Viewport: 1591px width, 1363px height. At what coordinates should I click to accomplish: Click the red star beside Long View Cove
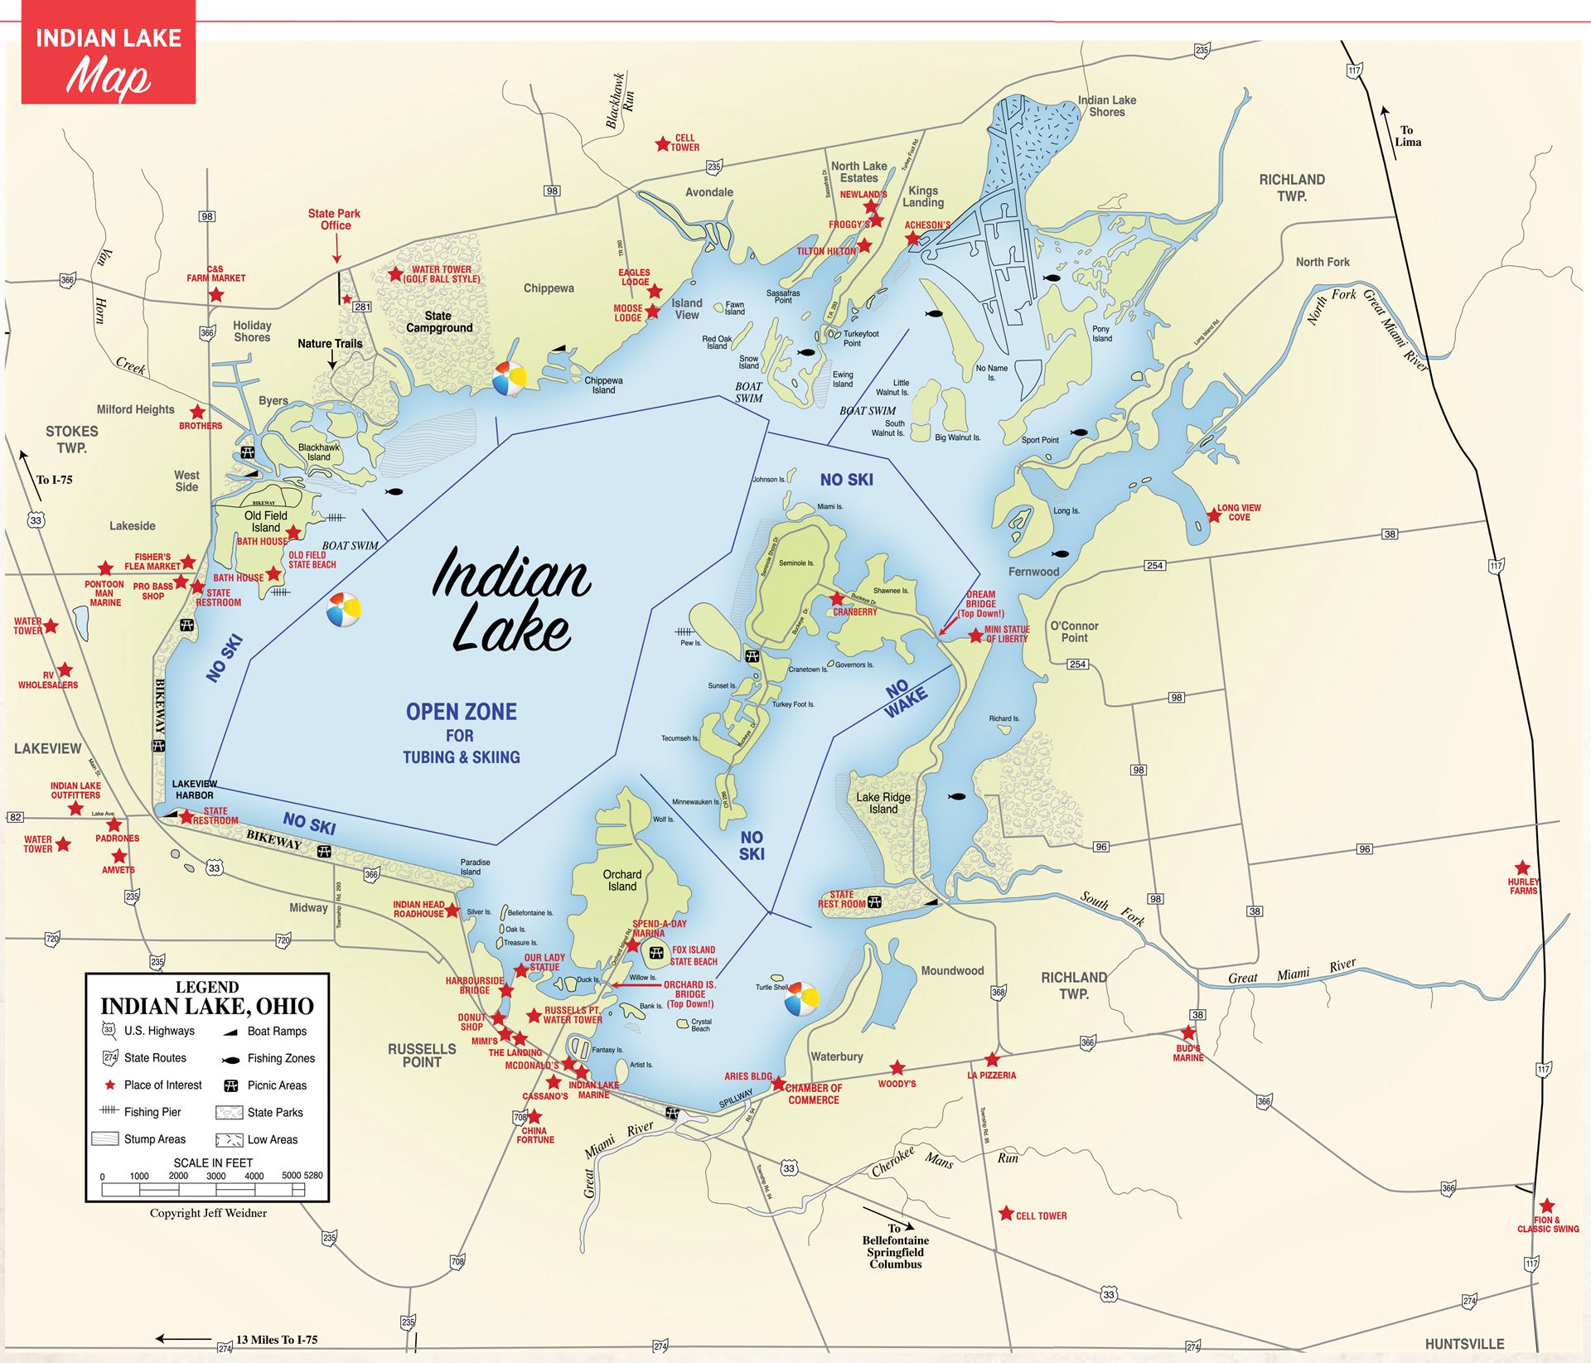pyautogui.click(x=1214, y=515)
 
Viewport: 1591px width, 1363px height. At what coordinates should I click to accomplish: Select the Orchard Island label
pyautogui.click(x=622, y=880)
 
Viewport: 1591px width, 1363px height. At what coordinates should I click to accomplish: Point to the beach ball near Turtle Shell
pyautogui.click(x=801, y=999)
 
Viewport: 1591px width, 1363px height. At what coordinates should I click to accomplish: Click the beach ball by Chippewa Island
pyautogui.click(x=509, y=379)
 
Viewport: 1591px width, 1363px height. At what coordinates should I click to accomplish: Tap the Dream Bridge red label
pyautogui.click(x=981, y=603)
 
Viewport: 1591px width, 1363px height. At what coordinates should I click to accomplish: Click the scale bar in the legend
pyautogui.click(x=203, y=1190)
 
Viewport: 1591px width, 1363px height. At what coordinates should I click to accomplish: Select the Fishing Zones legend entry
pyautogui.click(x=281, y=1058)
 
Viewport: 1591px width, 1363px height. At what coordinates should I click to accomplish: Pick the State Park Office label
pyautogui.click(x=335, y=219)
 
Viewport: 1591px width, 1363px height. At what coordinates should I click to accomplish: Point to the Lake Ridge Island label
pyautogui.click(x=883, y=803)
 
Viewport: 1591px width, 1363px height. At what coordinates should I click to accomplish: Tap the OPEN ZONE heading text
pyautogui.click(x=461, y=712)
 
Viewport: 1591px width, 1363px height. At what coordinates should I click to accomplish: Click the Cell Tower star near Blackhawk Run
pyautogui.click(x=662, y=144)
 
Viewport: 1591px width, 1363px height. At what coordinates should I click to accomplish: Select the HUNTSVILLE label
pyautogui.click(x=1464, y=1344)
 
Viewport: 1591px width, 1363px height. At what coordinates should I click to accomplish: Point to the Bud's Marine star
pyautogui.click(x=1188, y=1032)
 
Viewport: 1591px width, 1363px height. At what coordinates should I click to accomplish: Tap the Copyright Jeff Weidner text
pyautogui.click(x=208, y=1213)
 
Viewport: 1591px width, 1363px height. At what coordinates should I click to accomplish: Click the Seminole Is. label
pyautogui.click(x=796, y=563)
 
